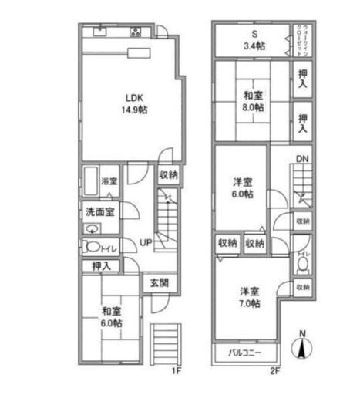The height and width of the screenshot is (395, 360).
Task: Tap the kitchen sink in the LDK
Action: coord(100,32)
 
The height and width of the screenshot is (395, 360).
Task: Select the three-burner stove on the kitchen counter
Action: coord(136,32)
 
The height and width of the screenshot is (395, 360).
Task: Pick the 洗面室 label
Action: coord(100,211)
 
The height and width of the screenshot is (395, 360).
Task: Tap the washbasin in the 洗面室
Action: coord(92,228)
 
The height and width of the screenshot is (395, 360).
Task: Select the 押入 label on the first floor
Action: coord(100,266)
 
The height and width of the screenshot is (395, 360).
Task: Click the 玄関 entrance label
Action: coord(160,282)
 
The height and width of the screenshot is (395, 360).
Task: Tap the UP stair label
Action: coord(145,243)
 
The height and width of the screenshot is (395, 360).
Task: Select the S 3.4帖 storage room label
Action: coord(251,39)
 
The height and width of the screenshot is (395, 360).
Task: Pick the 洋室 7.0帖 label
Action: coord(248,298)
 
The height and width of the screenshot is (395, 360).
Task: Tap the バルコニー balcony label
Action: coord(245,353)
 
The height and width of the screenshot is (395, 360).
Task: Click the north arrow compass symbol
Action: coord(302,344)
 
